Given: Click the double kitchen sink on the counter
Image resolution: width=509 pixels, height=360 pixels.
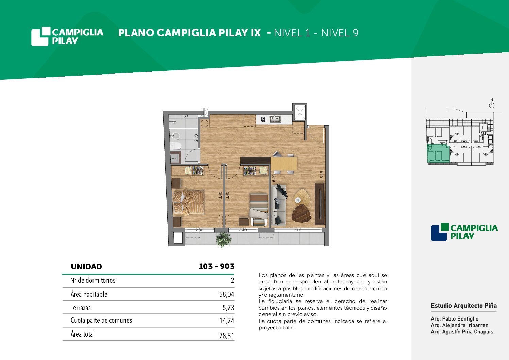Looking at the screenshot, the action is (275, 119).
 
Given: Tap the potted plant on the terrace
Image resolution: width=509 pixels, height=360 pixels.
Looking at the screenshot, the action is (223, 240).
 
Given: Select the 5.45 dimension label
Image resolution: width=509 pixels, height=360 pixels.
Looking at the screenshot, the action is (322, 175).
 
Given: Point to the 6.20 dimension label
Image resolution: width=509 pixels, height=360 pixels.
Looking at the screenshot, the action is (274, 178).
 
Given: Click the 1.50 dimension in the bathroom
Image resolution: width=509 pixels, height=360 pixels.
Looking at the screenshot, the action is (184, 116).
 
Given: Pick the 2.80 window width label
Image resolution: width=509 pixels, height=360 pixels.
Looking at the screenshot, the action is (199, 230).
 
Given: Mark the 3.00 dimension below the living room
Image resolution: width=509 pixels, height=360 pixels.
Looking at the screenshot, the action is (298, 230).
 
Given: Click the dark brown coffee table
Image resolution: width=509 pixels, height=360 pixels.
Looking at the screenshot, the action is (301, 213).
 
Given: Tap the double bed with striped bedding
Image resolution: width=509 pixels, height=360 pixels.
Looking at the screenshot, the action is (189, 202).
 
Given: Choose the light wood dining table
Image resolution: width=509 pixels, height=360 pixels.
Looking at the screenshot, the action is (284, 163).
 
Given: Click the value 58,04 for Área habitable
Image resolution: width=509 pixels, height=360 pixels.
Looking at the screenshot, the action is (226, 294).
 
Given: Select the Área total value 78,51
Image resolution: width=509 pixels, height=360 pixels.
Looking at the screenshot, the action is (226, 336).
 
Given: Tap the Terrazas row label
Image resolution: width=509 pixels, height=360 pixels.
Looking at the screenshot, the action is (81, 308).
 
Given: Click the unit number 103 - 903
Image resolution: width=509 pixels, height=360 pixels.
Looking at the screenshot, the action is (216, 266).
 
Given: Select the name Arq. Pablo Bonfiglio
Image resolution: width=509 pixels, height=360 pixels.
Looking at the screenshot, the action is (455, 318).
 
